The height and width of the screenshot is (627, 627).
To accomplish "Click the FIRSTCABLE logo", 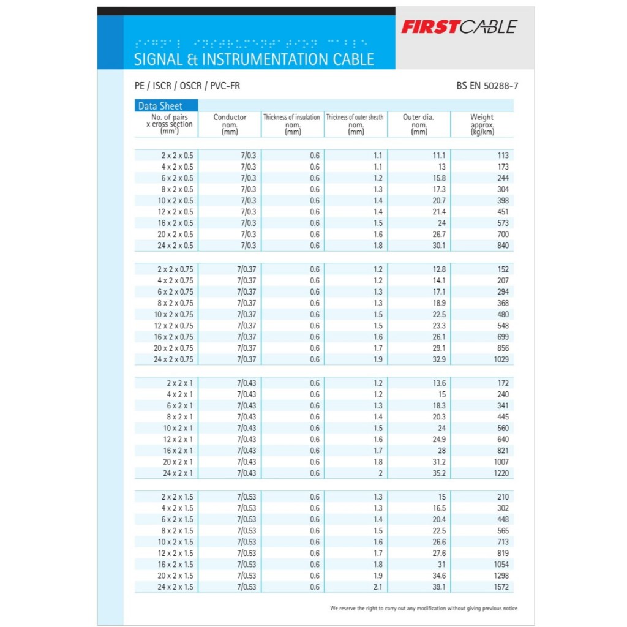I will (x=459, y=27).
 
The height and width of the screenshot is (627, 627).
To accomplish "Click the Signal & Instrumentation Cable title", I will (x=253, y=59).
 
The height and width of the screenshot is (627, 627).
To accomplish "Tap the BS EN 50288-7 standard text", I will (x=487, y=86).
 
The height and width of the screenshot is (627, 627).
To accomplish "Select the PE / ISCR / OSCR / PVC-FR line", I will (x=187, y=86).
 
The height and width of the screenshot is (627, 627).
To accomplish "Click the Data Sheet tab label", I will (x=160, y=106).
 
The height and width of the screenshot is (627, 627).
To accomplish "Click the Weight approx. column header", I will (x=481, y=124).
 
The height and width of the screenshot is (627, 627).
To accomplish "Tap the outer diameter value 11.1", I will (x=438, y=156).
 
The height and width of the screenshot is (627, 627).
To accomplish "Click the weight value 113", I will (x=503, y=156).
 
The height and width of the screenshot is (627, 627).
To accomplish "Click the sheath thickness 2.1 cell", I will (x=377, y=587).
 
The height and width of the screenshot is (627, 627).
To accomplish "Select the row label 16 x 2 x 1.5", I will (x=175, y=565).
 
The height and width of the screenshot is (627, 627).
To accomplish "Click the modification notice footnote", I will (x=423, y=609).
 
